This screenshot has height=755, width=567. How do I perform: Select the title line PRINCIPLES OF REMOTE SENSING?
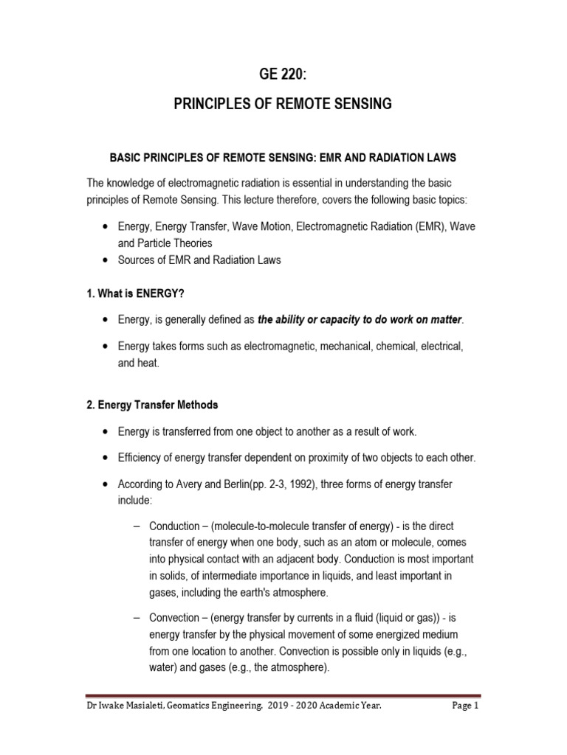pos(283,104)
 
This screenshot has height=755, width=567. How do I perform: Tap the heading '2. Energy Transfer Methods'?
pos(153,405)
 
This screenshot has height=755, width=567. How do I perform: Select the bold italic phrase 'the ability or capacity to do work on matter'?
pos(360,320)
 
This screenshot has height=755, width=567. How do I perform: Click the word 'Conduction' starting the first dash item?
pos(174,526)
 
